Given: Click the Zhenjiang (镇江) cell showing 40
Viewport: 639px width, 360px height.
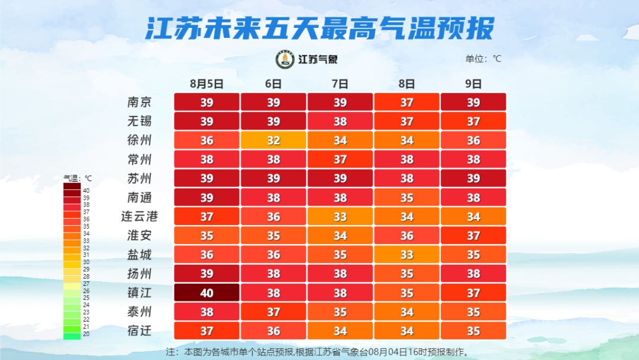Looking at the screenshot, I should [x=206, y=292].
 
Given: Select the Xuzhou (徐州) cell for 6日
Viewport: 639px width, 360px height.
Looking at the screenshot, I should [x=273, y=140].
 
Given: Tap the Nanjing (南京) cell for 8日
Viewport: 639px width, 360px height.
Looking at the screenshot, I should [x=406, y=102].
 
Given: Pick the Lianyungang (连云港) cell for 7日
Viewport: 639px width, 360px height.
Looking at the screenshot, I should [x=340, y=217].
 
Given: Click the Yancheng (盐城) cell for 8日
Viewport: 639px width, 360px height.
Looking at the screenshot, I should [x=406, y=255].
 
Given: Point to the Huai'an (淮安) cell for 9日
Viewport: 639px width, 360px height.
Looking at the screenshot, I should [x=473, y=236].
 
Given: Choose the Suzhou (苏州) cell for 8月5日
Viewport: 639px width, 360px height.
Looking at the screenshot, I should [x=206, y=178].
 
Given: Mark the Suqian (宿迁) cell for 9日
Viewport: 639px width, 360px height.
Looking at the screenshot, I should [x=473, y=330].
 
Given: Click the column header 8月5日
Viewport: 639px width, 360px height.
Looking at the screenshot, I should [x=206, y=84].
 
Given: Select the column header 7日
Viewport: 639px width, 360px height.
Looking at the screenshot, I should [x=340, y=84].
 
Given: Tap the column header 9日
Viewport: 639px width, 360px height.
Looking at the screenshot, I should [x=473, y=84].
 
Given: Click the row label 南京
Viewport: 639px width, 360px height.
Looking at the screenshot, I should [x=140, y=102].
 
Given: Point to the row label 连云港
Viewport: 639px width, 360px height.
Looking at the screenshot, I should [x=140, y=217].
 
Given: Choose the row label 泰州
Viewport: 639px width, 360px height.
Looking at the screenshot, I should [x=140, y=311].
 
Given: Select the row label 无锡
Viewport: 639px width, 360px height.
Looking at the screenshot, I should [x=140, y=121].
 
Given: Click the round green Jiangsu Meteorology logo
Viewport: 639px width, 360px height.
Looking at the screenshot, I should [x=285, y=59].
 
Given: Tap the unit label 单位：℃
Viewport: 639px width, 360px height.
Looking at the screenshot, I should [x=483, y=59].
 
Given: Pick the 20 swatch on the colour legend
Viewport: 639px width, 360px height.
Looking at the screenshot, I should [x=72, y=336].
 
